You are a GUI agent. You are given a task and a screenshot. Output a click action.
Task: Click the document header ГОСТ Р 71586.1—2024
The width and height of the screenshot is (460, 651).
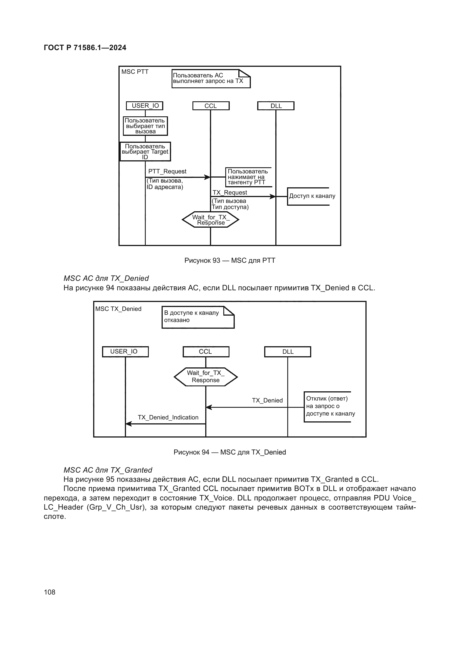(x=85, y=48)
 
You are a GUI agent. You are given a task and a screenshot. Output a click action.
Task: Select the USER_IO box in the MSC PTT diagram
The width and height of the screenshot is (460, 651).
(x=145, y=106)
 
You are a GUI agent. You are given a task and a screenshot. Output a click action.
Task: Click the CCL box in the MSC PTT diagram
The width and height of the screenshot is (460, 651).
(x=211, y=106)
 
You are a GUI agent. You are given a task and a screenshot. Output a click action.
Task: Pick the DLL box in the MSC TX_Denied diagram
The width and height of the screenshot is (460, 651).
(x=288, y=352)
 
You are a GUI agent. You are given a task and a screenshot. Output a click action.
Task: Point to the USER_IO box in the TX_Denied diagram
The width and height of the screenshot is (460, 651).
(x=125, y=352)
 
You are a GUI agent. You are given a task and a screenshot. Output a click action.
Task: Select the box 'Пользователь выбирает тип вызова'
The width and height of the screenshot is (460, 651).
(x=145, y=126)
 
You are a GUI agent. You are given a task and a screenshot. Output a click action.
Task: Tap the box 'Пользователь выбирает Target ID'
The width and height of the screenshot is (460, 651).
(x=145, y=152)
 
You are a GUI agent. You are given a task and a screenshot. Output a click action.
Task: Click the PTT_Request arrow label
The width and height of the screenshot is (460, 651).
(x=167, y=171)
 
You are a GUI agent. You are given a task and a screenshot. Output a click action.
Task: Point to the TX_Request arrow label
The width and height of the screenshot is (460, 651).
(x=230, y=193)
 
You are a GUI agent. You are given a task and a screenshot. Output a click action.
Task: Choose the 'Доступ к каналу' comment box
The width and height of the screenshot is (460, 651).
(x=311, y=196)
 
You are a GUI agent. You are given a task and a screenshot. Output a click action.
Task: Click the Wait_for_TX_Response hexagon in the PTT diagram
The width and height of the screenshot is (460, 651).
(x=211, y=220)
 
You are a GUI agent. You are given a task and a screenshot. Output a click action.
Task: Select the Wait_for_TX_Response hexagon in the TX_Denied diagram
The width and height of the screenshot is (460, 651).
(x=206, y=377)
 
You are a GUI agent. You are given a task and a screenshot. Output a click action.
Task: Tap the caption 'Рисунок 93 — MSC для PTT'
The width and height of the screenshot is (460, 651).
(x=230, y=261)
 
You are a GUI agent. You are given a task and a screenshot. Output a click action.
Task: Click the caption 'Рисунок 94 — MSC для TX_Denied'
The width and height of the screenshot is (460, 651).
(x=230, y=452)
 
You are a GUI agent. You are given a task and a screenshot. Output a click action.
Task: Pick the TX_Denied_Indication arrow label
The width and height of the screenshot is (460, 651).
(x=168, y=417)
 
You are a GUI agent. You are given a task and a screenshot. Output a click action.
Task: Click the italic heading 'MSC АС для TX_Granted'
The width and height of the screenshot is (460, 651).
(x=108, y=470)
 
